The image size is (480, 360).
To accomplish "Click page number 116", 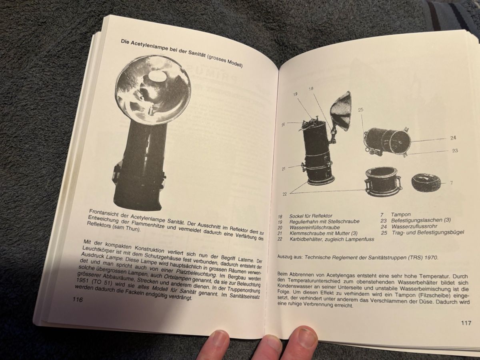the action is point(78,299).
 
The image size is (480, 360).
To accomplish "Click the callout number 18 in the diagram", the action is point(311,89).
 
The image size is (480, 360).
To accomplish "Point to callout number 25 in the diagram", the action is point(361,110).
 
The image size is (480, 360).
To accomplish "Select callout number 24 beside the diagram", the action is point(453,138).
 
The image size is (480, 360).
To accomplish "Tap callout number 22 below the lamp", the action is point(284,194).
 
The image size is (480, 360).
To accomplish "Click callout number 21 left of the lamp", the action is point(284,169).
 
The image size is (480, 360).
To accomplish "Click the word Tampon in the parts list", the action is point(401,214).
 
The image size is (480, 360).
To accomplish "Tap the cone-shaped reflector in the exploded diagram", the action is point(342,111).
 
